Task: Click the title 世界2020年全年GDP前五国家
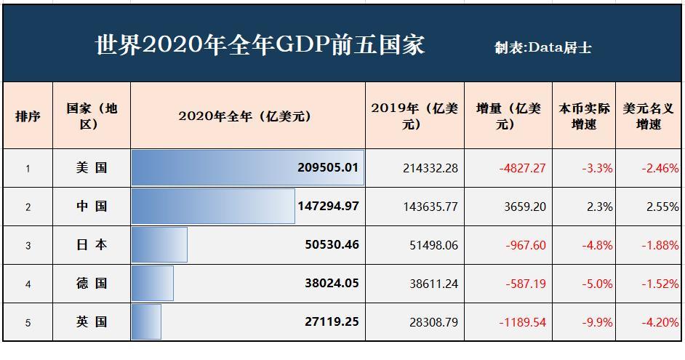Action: tap(260, 44)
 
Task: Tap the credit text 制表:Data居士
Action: tap(542, 48)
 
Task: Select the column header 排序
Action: tap(28, 116)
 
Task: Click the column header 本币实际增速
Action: tap(583, 116)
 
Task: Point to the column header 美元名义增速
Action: tap(649, 116)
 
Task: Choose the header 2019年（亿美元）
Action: tap(414, 116)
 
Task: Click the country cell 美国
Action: tap(92, 168)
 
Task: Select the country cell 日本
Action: tap(92, 245)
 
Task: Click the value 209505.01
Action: tap(328, 168)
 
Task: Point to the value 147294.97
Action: tap(328, 207)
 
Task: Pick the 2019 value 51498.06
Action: tap(430, 245)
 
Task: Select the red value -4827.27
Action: tap(522, 168)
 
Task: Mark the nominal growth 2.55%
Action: tap(662, 207)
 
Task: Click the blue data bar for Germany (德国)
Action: tap(153, 284)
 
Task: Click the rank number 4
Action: tap(28, 284)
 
